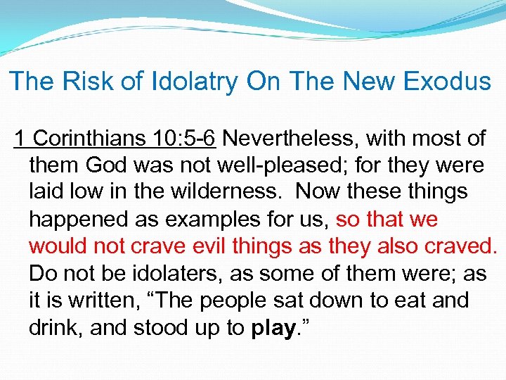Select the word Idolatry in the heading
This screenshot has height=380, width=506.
click(190, 82)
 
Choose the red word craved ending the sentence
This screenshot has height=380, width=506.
click(460, 246)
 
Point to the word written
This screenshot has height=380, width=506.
click(98, 300)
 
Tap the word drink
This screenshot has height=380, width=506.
click(53, 327)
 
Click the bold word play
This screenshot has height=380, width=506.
click(270, 328)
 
